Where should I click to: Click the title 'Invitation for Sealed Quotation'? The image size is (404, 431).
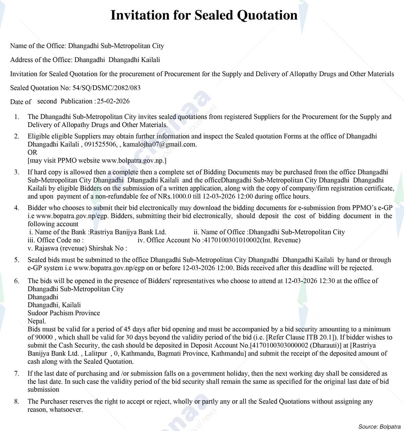coord(204,15)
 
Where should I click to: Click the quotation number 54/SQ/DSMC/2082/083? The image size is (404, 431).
coord(106,88)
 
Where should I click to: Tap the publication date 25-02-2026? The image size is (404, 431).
coord(113,101)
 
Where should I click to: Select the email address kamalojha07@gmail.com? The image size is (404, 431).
coord(159,144)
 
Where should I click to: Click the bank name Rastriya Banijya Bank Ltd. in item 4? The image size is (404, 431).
coord(128,232)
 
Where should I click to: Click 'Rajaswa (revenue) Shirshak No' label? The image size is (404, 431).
coord(76,248)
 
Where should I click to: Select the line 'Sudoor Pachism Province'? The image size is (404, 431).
coord(64,313)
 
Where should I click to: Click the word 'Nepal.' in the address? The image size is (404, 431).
coord(37,321)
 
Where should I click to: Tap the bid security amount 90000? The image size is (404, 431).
coord(44,338)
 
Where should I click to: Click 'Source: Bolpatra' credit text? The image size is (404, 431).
coord(379,427)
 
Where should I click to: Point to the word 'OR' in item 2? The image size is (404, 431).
coord(32,152)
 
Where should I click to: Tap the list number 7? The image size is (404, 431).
coord(17,373)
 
